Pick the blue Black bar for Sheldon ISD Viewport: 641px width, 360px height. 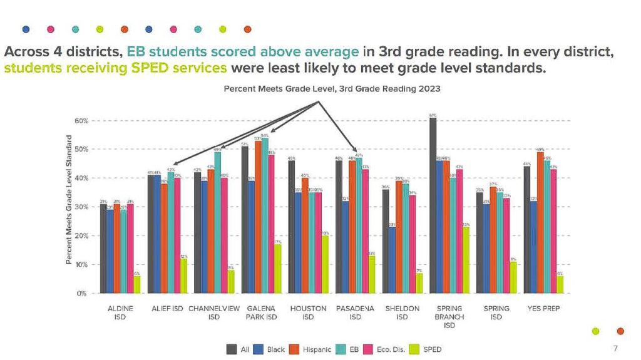point(391,260)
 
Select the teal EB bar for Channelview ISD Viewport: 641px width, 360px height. point(217,222)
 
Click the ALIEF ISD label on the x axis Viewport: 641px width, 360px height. point(167,309)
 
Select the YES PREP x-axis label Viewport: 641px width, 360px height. point(543,309)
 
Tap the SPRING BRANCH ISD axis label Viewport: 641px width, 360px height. point(449,317)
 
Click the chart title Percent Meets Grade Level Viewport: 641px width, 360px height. point(332,89)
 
